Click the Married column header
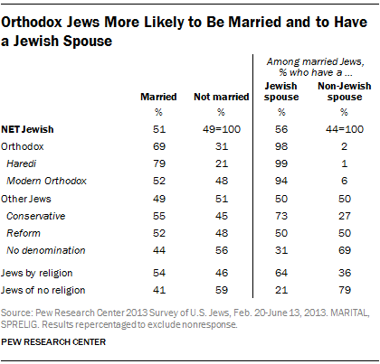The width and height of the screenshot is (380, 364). click(x=158, y=97)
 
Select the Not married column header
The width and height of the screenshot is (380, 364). click(x=222, y=97)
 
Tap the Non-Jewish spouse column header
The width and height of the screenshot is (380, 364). click(x=345, y=91)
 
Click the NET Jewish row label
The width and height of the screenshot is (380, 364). click(x=27, y=129)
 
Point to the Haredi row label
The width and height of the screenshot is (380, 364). click(x=22, y=163)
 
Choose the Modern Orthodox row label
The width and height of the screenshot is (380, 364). click(x=47, y=181)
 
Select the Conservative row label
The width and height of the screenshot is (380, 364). click(x=36, y=216)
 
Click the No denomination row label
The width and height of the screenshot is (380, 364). click(x=46, y=250)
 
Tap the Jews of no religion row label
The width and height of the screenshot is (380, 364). click(x=43, y=290)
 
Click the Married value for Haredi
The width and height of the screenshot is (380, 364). click(x=159, y=163)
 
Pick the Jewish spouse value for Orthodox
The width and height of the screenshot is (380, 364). click(x=281, y=146)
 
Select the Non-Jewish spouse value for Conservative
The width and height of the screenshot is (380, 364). click(x=345, y=216)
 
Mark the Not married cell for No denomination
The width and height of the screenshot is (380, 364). click(x=222, y=250)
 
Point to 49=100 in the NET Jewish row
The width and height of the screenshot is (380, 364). click(x=222, y=129)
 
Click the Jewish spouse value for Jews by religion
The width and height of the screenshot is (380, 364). click(x=281, y=273)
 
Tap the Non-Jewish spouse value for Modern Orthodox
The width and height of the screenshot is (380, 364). click(x=345, y=181)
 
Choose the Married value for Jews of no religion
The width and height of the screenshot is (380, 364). click(x=159, y=290)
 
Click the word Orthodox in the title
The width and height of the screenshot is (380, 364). click(x=32, y=23)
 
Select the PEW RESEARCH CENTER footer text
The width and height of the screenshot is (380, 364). click(x=53, y=342)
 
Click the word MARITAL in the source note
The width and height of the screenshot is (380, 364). click(x=350, y=313)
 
